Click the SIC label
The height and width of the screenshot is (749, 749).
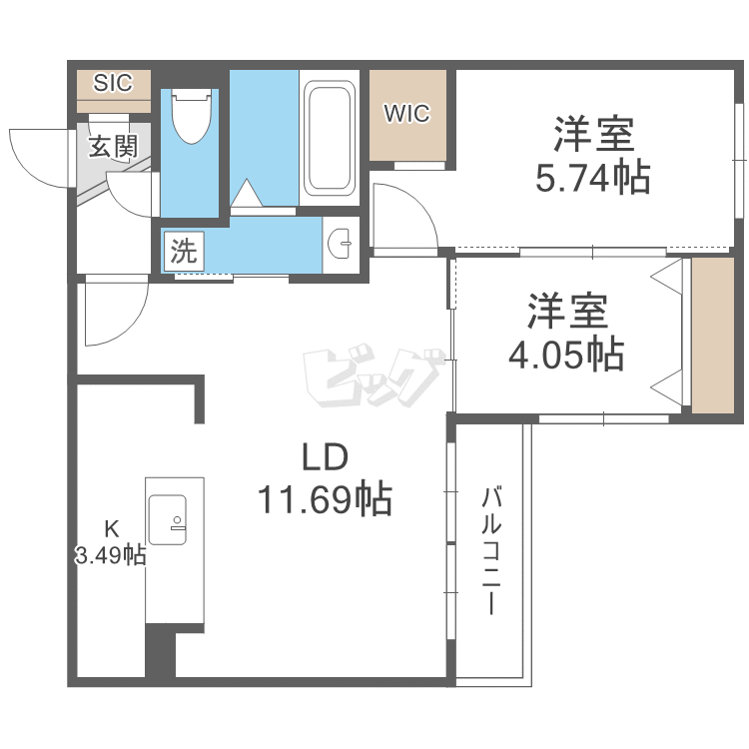tap(113, 83)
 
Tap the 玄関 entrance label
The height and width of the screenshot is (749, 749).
tap(113, 147)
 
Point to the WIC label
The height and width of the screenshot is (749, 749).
tap(407, 114)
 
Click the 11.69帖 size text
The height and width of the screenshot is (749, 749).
tap(325, 497)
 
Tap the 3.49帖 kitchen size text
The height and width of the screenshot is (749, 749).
tap(111, 556)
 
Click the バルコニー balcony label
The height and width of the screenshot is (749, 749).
tap(490, 549)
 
